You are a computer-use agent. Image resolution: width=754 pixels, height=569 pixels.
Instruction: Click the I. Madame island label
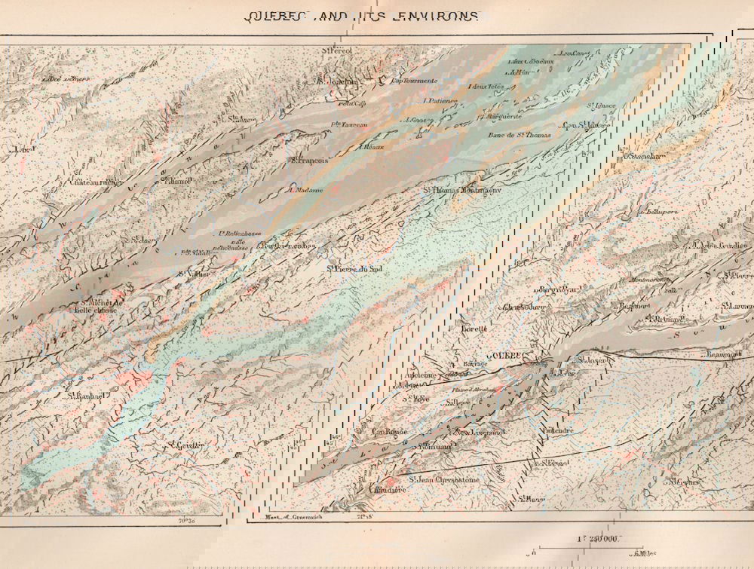point(305,190)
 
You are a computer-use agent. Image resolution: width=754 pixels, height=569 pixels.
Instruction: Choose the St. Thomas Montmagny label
point(461,190)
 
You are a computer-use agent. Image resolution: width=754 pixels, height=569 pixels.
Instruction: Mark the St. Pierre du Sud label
point(358,267)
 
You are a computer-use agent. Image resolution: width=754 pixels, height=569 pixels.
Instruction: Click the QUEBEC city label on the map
point(501,354)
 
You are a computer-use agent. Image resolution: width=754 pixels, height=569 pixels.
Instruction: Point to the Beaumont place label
point(724,353)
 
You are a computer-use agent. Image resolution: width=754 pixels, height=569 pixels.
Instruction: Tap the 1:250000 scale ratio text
point(599,538)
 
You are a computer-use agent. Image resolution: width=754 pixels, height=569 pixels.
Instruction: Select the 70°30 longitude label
point(186,519)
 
